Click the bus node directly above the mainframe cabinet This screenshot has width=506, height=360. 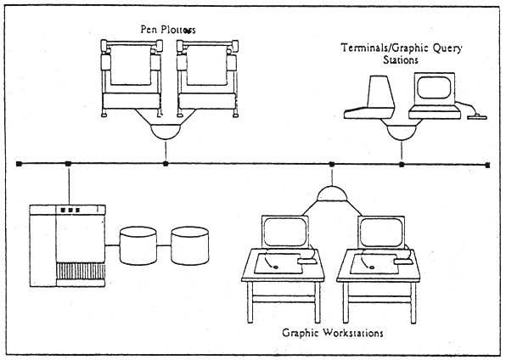(x=67, y=163)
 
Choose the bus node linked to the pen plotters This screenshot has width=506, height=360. (x=166, y=163)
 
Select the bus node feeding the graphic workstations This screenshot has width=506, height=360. (x=332, y=163)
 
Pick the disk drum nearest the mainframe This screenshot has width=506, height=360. (x=138, y=245)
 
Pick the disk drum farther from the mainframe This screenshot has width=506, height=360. (x=190, y=245)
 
